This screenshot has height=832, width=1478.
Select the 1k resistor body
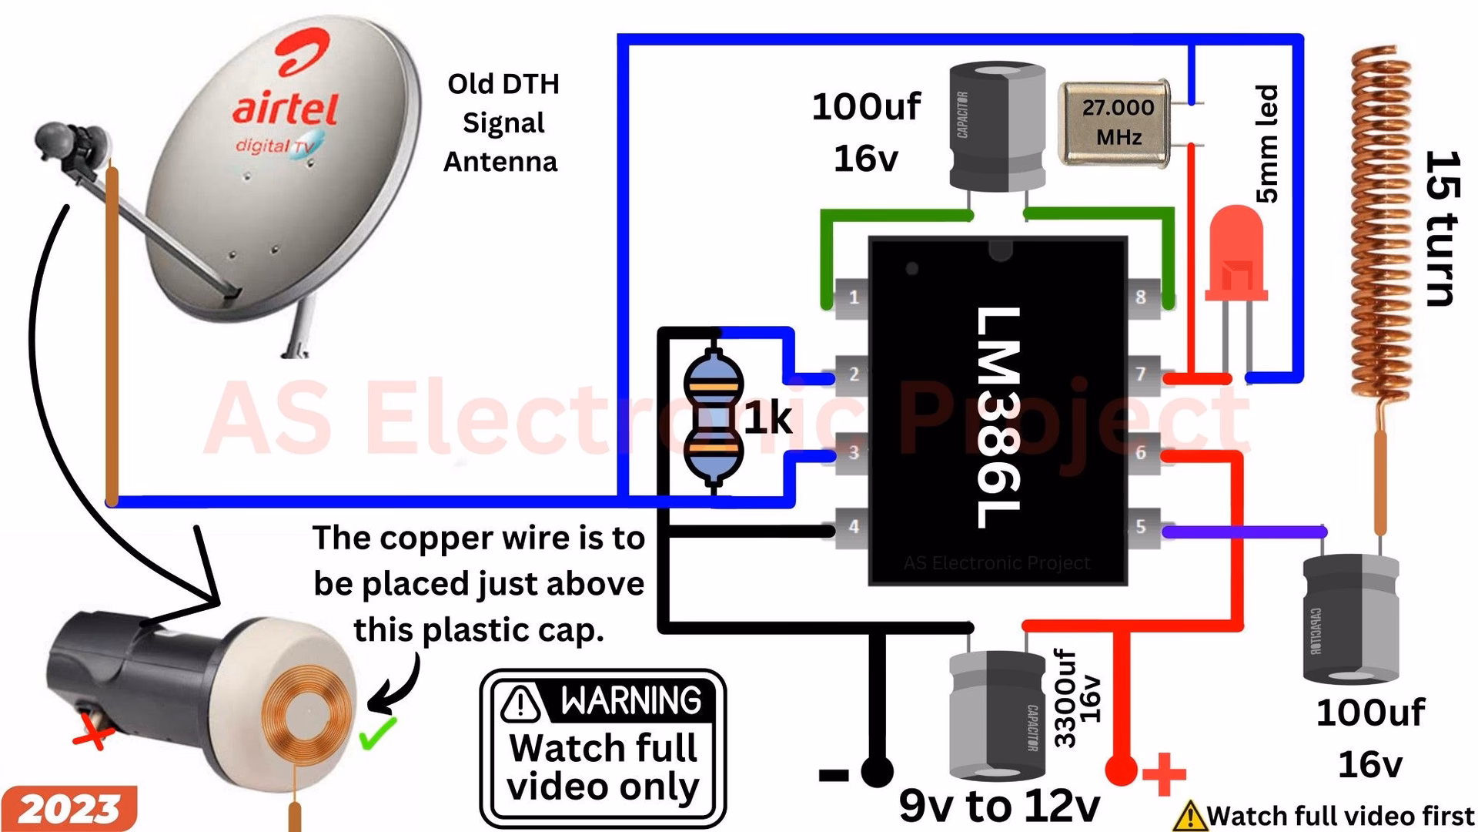[x=714, y=418]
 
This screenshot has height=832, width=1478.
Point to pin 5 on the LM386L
[x=1142, y=527]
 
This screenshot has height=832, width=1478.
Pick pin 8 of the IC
[x=1142, y=297]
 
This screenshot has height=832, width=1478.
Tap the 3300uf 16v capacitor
[x=997, y=715]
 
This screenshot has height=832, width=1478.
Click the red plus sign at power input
[x=1164, y=773]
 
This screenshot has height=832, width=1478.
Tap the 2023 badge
[x=69, y=809]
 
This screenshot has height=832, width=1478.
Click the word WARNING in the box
[x=630, y=700]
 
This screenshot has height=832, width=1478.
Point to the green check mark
[x=378, y=733]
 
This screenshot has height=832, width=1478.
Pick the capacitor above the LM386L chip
[x=997, y=127]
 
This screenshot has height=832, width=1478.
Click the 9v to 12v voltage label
[x=999, y=806]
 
